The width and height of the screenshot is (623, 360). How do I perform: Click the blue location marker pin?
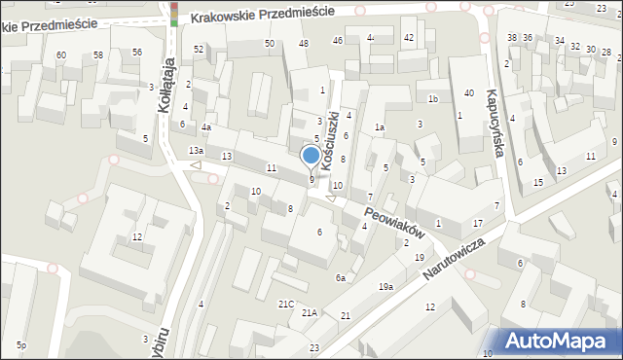(311, 156)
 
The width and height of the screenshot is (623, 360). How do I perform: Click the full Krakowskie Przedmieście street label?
(263, 14)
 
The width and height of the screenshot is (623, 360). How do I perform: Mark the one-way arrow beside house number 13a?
(196, 164)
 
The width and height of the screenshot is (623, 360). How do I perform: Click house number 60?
(61, 54)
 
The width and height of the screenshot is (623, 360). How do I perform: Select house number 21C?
(286, 305)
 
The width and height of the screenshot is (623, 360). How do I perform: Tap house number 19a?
(386, 286)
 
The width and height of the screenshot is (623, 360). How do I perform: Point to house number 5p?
(20, 345)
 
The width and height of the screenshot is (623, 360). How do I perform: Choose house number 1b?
(433, 99)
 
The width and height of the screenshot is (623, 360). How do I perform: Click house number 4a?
(206, 127)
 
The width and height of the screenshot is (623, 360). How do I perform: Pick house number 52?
(199, 49)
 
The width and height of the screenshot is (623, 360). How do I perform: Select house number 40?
(469, 92)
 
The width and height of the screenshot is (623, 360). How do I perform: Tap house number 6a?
(341, 278)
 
